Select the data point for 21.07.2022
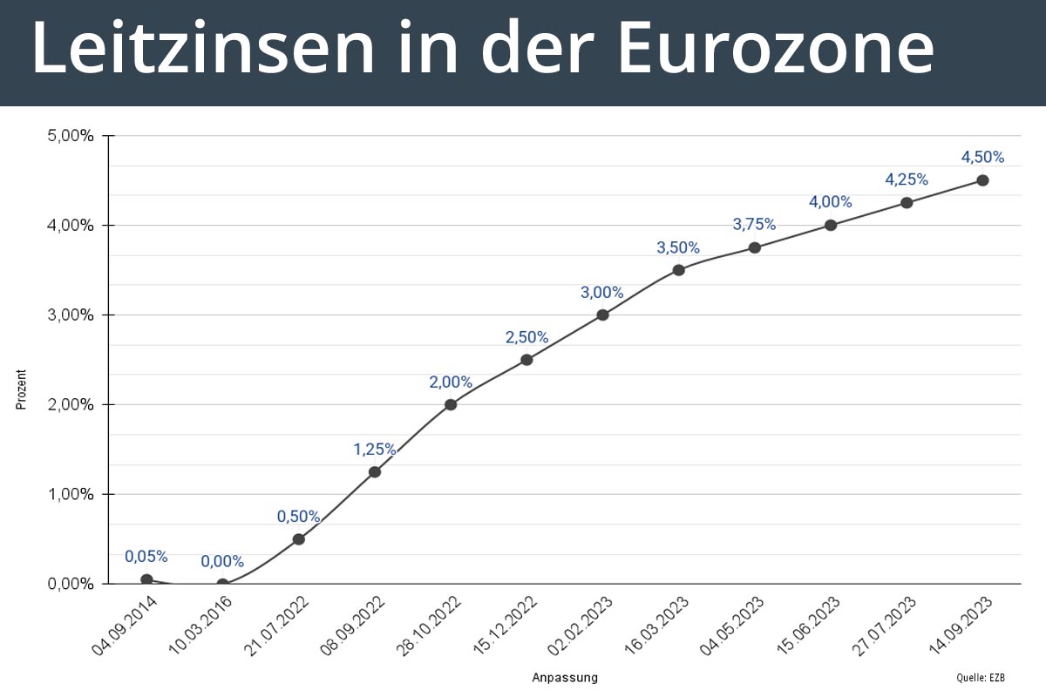click(298, 538)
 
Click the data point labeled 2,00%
click(451, 404)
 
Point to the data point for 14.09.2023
click(982, 180)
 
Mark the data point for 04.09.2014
click(146, 579)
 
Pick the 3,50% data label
click(678, 247)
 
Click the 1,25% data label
click(375, 450)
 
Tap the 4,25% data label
click(907, 179)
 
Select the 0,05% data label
click(146, 556)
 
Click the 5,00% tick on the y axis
click(71, 136)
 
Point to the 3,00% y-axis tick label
click(71, 315)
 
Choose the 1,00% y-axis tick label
click(71, 494)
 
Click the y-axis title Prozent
click(22, 389)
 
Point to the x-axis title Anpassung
click(565, 677)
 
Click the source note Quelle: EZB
click(982, 677)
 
